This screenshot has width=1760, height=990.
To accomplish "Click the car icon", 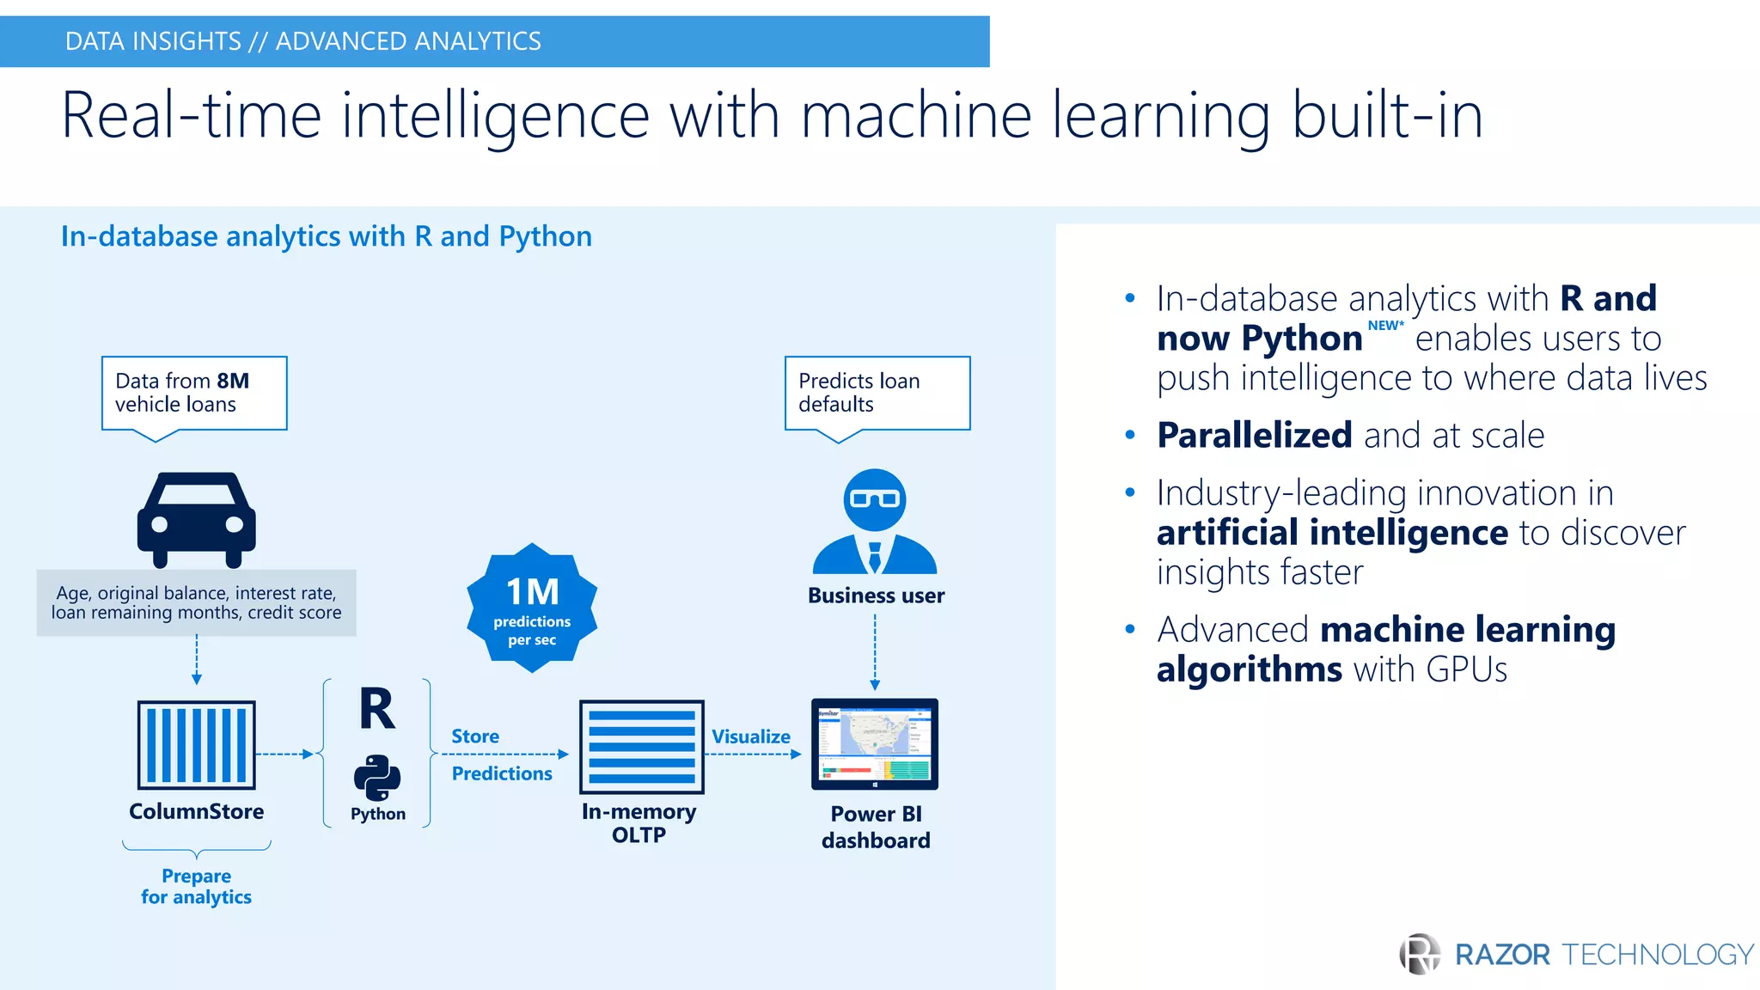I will (196, 519).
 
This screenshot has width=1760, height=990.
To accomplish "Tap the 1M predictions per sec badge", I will (532, 608).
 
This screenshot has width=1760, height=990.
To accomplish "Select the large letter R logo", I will (377, 710).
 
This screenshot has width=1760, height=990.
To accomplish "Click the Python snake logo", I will (377, 777).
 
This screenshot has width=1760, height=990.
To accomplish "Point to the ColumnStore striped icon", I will (196, 744).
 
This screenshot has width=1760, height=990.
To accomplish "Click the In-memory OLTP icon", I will (641, 746).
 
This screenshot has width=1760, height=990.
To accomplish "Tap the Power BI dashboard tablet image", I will (875, 744).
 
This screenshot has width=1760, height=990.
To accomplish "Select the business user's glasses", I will (874, 498).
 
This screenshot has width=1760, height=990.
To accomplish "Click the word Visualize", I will (750, 736).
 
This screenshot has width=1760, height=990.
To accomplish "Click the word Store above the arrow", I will (475, 736).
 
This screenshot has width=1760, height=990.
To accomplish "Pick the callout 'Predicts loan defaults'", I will (877, 393).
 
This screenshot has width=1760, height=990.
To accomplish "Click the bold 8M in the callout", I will (233, 381).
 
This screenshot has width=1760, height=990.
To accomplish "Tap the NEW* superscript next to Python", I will (1385, 326).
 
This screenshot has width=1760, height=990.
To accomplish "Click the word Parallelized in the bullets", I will (1254, 436).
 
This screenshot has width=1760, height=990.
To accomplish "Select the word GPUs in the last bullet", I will (1466, 669).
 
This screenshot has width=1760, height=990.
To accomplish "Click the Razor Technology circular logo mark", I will (1420, 954).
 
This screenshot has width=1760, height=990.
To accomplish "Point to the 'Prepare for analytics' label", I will (196, 886).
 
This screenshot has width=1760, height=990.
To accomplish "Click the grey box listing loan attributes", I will (196, 602).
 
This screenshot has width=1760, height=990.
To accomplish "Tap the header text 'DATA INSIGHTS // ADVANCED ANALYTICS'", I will (302, 41).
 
